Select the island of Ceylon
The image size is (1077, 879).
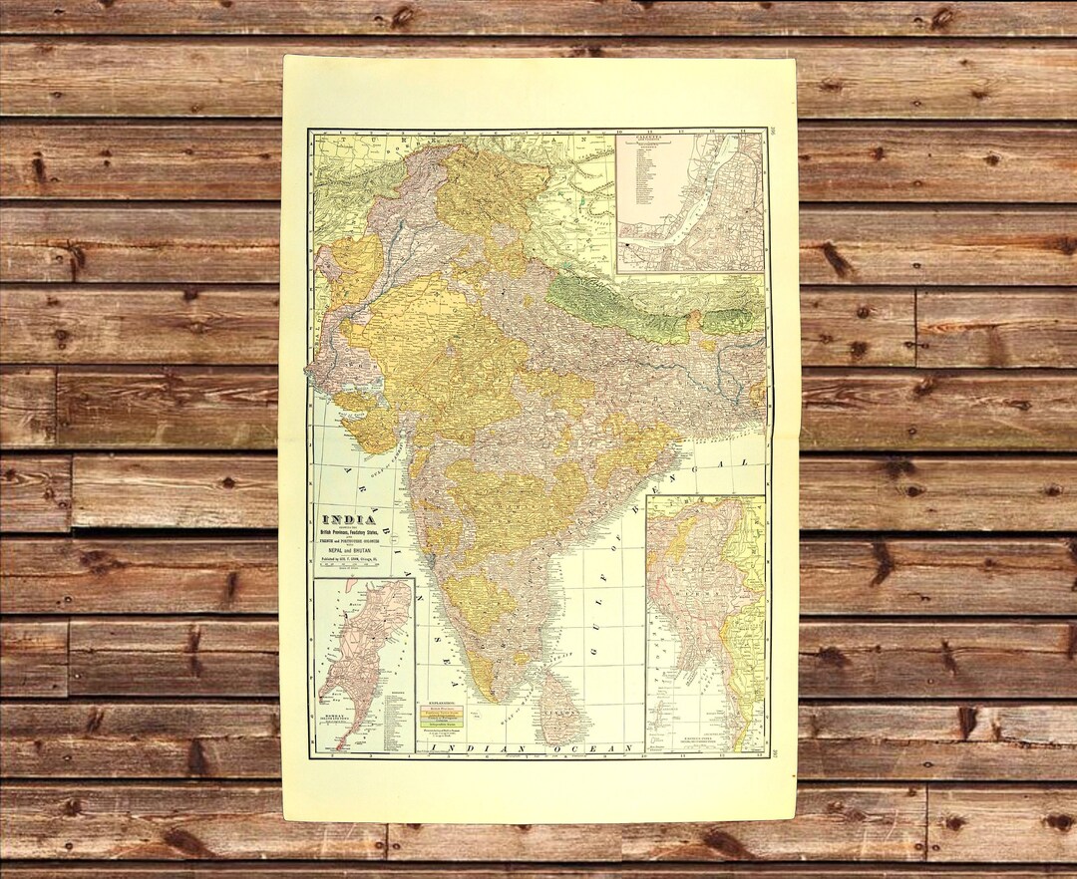(x=559, y=708)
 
